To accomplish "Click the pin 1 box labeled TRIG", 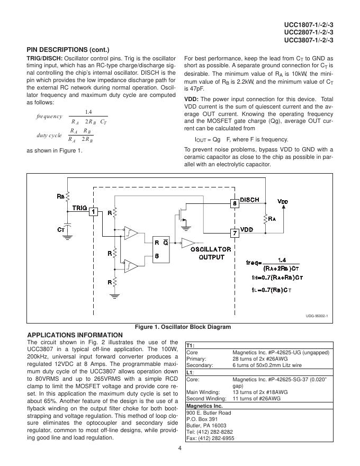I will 93,211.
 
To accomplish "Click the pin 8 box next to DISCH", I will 233,203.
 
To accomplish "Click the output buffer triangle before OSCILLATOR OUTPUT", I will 187,243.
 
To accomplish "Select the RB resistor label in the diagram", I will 61,195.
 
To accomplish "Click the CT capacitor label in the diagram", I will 61,230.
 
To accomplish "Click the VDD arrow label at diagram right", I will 283,202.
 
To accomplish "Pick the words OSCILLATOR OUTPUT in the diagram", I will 211,253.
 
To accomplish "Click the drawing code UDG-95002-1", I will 317,316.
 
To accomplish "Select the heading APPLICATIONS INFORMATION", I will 75,335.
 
